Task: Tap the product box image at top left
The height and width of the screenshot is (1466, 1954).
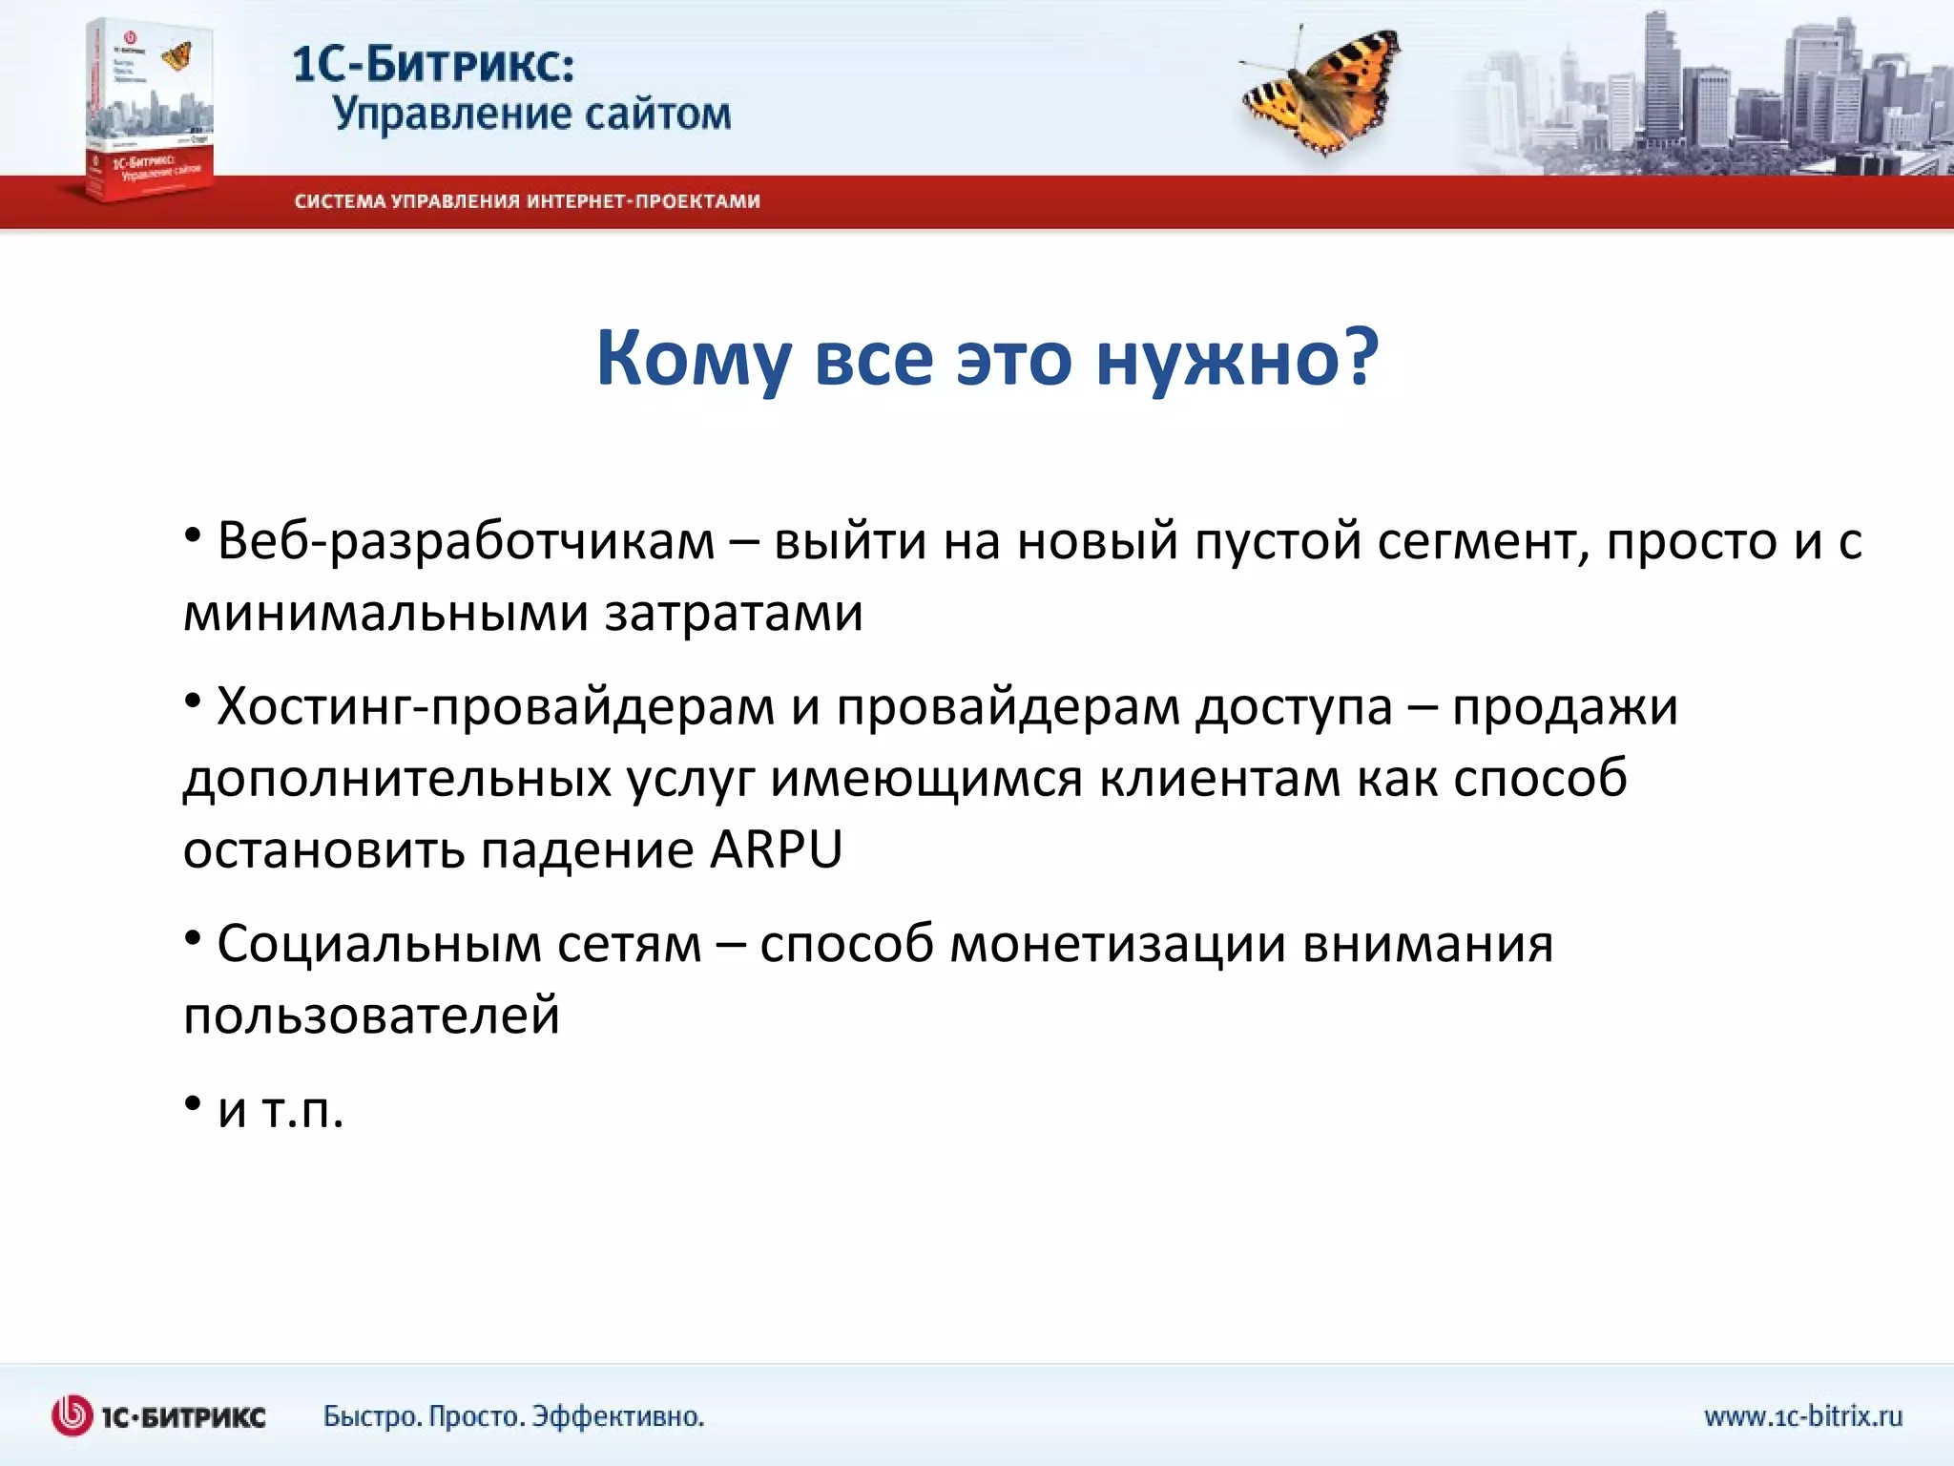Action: tap(148, 110)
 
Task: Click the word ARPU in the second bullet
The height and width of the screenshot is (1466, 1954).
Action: tap(776, 848)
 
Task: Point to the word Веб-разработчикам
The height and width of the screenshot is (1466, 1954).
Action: tap(466, 541)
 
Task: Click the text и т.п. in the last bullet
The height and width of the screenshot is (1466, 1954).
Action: tap(280, 1110)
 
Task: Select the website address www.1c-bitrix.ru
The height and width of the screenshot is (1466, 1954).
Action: tap(1802, 1415)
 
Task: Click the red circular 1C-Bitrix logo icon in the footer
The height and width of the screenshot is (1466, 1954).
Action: tap(73, 1415)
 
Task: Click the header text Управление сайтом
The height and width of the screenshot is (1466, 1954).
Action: tap(531, 114)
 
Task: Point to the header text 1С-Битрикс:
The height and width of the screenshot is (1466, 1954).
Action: tap(433, 65)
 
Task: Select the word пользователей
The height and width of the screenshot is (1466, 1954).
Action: tap(371, 1015)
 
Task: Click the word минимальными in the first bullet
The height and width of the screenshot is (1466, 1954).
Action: tap(385, 613)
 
